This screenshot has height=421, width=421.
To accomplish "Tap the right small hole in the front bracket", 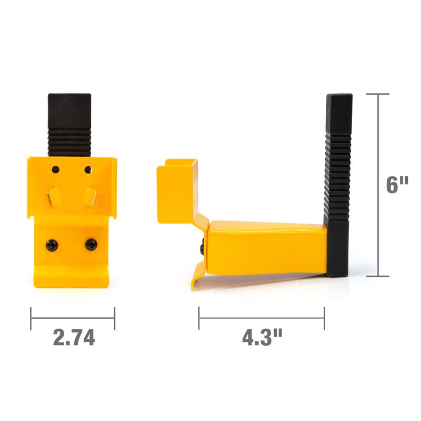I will pyautogui.click(x=88, y=169).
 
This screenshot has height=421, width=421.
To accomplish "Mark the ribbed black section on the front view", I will pyautogui.click(x=69, y=142).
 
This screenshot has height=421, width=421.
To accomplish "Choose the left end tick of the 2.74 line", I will pyautogui.click(x=31, y=318).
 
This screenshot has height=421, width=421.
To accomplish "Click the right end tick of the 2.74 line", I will pyautogui.click(x=114, y=318).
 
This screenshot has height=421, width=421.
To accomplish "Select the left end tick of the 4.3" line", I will pyautogui.click(x=199, y=318).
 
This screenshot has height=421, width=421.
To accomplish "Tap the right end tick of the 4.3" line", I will pyautogui.click(x=324, y=318).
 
